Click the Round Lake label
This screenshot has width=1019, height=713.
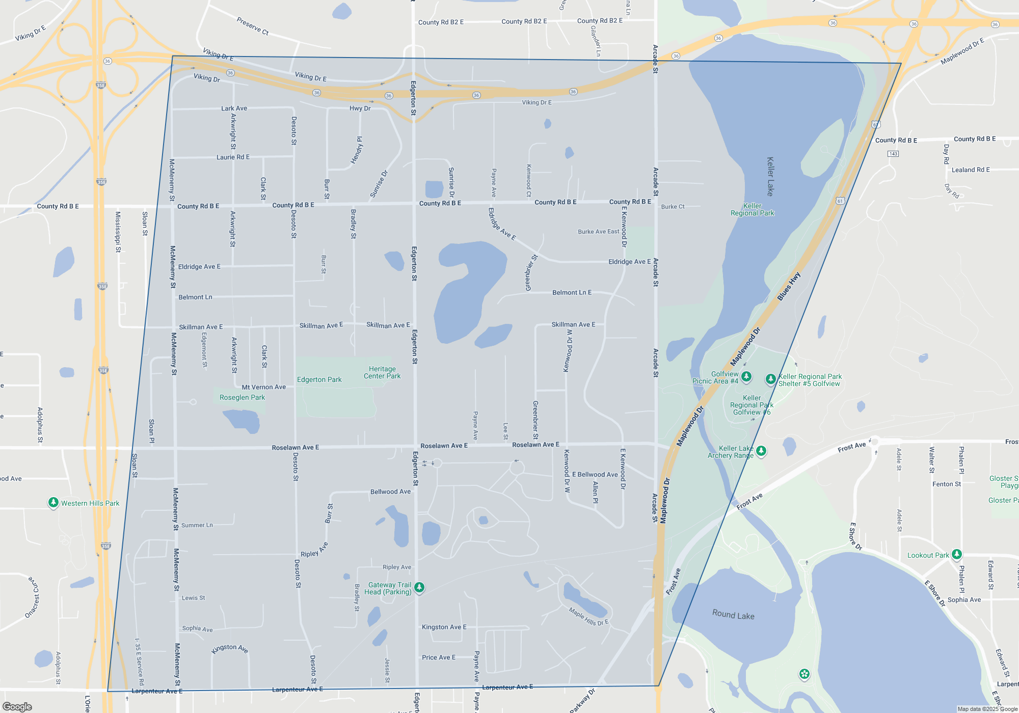point(733,615)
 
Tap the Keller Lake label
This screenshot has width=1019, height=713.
point(770,176)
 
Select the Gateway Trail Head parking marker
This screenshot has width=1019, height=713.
point(419,588)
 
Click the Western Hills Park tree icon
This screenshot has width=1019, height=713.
point(53,503)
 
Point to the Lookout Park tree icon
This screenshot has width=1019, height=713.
point(956,554)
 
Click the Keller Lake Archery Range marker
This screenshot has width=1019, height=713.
point(761,451)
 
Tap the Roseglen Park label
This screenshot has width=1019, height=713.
point(242,397)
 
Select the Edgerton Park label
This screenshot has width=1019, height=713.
point(319,379)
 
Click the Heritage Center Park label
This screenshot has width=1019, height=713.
point(382,372)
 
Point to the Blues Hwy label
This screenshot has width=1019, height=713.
point(789,286)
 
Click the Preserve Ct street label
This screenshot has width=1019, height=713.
point(252,26)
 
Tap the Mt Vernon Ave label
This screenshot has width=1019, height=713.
point(263,387)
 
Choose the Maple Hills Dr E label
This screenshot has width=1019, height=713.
point(588,616)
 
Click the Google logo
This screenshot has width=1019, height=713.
point(17,706)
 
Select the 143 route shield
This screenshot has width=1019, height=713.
point(893,153)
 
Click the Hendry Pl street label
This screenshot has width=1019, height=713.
point(357,150)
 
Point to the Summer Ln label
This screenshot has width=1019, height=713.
point(197,525)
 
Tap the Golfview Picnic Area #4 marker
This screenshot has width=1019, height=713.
point(746,377)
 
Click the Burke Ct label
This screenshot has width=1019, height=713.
point(673,207)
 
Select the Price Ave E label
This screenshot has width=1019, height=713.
point(439,657)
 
